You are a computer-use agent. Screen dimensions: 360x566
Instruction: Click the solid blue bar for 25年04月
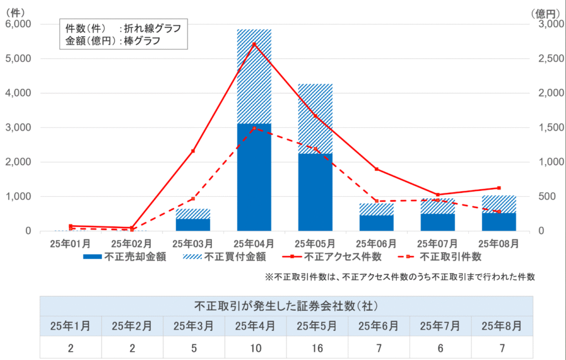[254, 177]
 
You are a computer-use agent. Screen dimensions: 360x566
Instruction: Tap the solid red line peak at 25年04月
[254, 44]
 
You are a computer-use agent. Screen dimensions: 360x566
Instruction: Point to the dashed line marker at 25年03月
[193, 199]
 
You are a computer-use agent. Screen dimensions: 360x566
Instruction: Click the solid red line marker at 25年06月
[376, 169]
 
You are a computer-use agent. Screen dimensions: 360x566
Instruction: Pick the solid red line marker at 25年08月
[499, 188]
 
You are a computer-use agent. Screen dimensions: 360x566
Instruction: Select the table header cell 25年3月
[193, 326]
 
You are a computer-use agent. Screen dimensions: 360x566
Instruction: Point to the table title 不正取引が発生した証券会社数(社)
[286, 305]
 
